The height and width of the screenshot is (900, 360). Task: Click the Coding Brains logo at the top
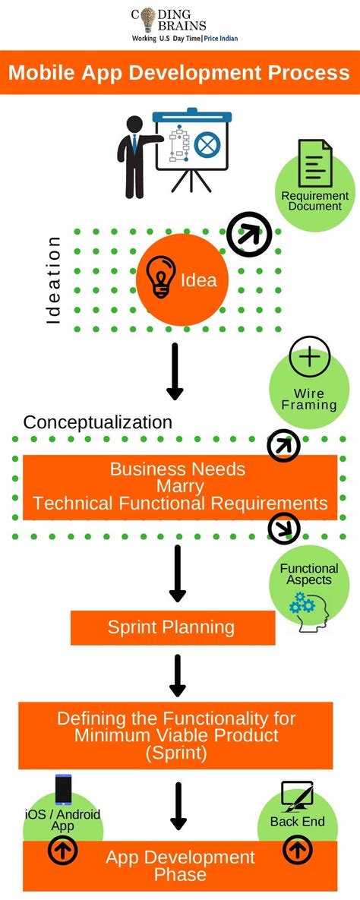179,24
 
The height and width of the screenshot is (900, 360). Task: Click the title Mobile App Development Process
179,73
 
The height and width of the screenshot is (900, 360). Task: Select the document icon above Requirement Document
314,163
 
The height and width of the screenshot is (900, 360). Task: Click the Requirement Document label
314,201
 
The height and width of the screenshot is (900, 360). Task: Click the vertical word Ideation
53,280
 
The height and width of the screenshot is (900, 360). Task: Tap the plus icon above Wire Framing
310,357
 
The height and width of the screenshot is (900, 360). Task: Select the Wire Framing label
309,399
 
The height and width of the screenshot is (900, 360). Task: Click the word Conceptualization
98,422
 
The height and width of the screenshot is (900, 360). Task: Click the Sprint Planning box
172,627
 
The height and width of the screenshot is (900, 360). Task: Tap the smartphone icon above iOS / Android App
63,790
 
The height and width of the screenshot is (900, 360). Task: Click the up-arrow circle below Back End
297,851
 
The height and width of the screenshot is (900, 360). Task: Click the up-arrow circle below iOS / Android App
63,852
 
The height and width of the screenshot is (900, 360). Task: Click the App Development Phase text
180,866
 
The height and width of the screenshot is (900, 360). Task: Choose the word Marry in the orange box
179,486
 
